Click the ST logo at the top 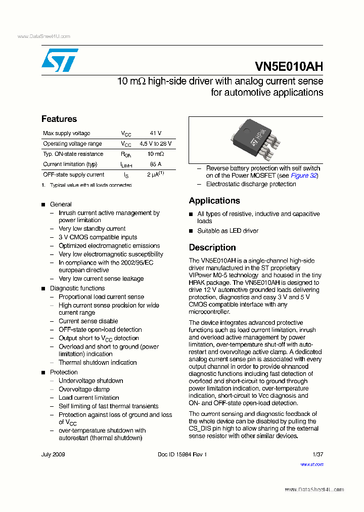tap(60, 60)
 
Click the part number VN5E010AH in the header tap(289, 67)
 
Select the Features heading tap(59, 119)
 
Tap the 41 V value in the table tap(156, 133)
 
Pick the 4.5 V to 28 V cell tap(156, 144)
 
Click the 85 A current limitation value tap(156, 164)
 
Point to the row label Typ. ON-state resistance tap(73, 154)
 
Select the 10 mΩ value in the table tap(156, 154)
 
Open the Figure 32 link tap(304, 176)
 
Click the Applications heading tap(214, 201)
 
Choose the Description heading tap(212, 247)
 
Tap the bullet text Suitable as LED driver tap(227, 231)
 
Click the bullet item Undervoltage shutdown tap(90, 380)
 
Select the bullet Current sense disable tap(88, 321)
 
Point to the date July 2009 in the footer tap(53, 454)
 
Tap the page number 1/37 tap(317, 454)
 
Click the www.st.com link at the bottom tap(312, 464)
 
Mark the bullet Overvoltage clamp tap(84, 389)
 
